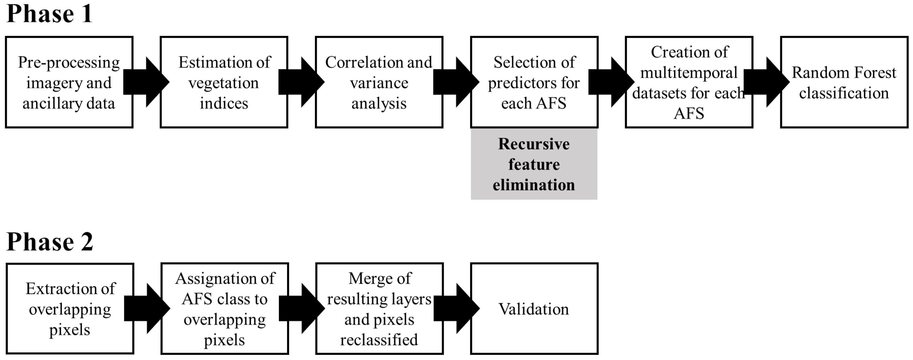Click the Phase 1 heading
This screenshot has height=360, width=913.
tap(50, 14)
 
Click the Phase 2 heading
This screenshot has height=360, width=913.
tap(50, 242)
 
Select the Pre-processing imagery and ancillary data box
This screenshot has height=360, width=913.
tap(69, 82)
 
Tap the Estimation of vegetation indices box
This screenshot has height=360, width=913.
tap(224, 82)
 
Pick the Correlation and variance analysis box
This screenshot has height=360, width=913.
tap(379, 82)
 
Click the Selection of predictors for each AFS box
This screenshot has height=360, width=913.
tap(534, 82)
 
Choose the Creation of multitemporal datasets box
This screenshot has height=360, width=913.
tap(689, 82)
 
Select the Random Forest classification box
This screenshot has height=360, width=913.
tap(844, 82)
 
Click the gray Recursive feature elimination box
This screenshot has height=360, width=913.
tap(534, 164)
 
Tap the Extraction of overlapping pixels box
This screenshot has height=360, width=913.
tap(70, 309)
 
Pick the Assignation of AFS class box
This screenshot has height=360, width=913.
tap(225, 309)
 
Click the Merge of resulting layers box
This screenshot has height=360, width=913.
tap(379, 309)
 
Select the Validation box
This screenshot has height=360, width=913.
tap(534, 309)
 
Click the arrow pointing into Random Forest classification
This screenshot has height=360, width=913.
tap(766, 82)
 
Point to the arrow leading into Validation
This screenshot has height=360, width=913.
tap(456, 309)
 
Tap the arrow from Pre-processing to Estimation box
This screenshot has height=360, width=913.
tap(146, 82)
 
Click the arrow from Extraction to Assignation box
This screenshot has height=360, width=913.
tap(147, 309)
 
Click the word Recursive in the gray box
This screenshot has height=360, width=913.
tap(534, 144)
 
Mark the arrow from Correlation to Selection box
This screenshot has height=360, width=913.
tap(456, 82)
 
